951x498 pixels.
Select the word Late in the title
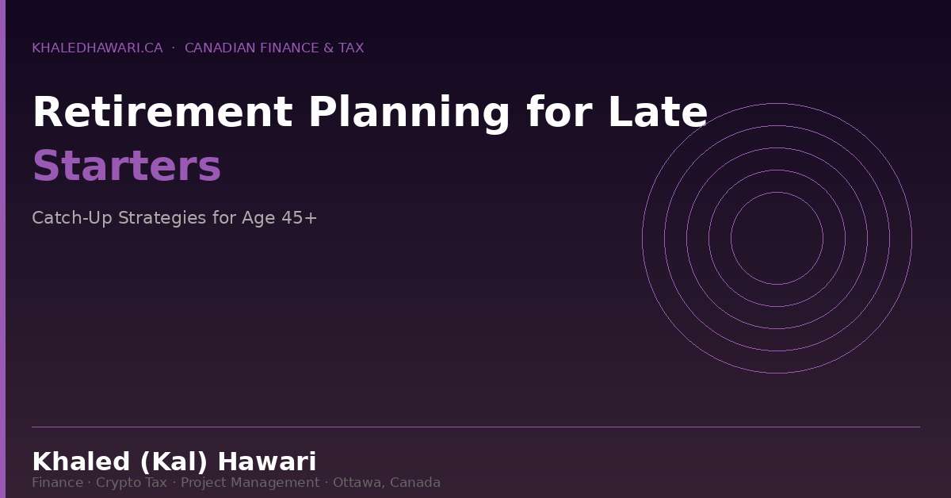click(657, 113)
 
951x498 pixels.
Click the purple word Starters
click(127, 167)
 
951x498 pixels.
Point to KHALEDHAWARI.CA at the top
click(97, 48)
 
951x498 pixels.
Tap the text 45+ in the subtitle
click(300, 218)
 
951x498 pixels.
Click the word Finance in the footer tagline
click(57, 483)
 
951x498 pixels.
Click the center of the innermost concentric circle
click(777, 238)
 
